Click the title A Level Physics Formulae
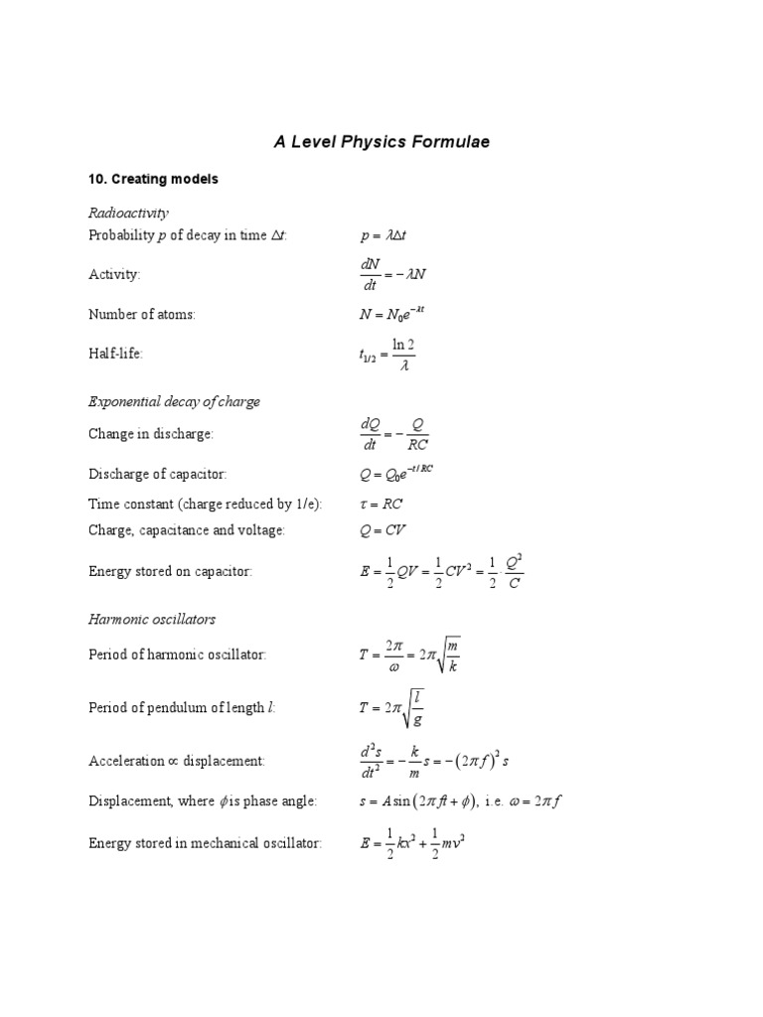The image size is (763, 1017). tap(381, 142)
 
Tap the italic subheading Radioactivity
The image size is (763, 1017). tap(128, 213)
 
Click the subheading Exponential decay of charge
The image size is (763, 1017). tap(174, 401)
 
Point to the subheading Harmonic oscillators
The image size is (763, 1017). tap(151, 619)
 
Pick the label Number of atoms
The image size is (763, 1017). tap(141, 314)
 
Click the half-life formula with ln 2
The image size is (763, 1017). tap(387, 354)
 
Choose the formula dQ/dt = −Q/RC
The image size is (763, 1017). tap(394, 434)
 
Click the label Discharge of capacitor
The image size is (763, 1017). tap(164, 474)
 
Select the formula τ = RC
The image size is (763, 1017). tap(381, 504)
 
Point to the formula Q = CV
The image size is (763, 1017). tap(382, 530)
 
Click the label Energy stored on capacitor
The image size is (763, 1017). tap(170, 571)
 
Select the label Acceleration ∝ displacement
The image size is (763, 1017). tap(176, 761)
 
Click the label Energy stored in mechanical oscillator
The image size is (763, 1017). tap(205, 844)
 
